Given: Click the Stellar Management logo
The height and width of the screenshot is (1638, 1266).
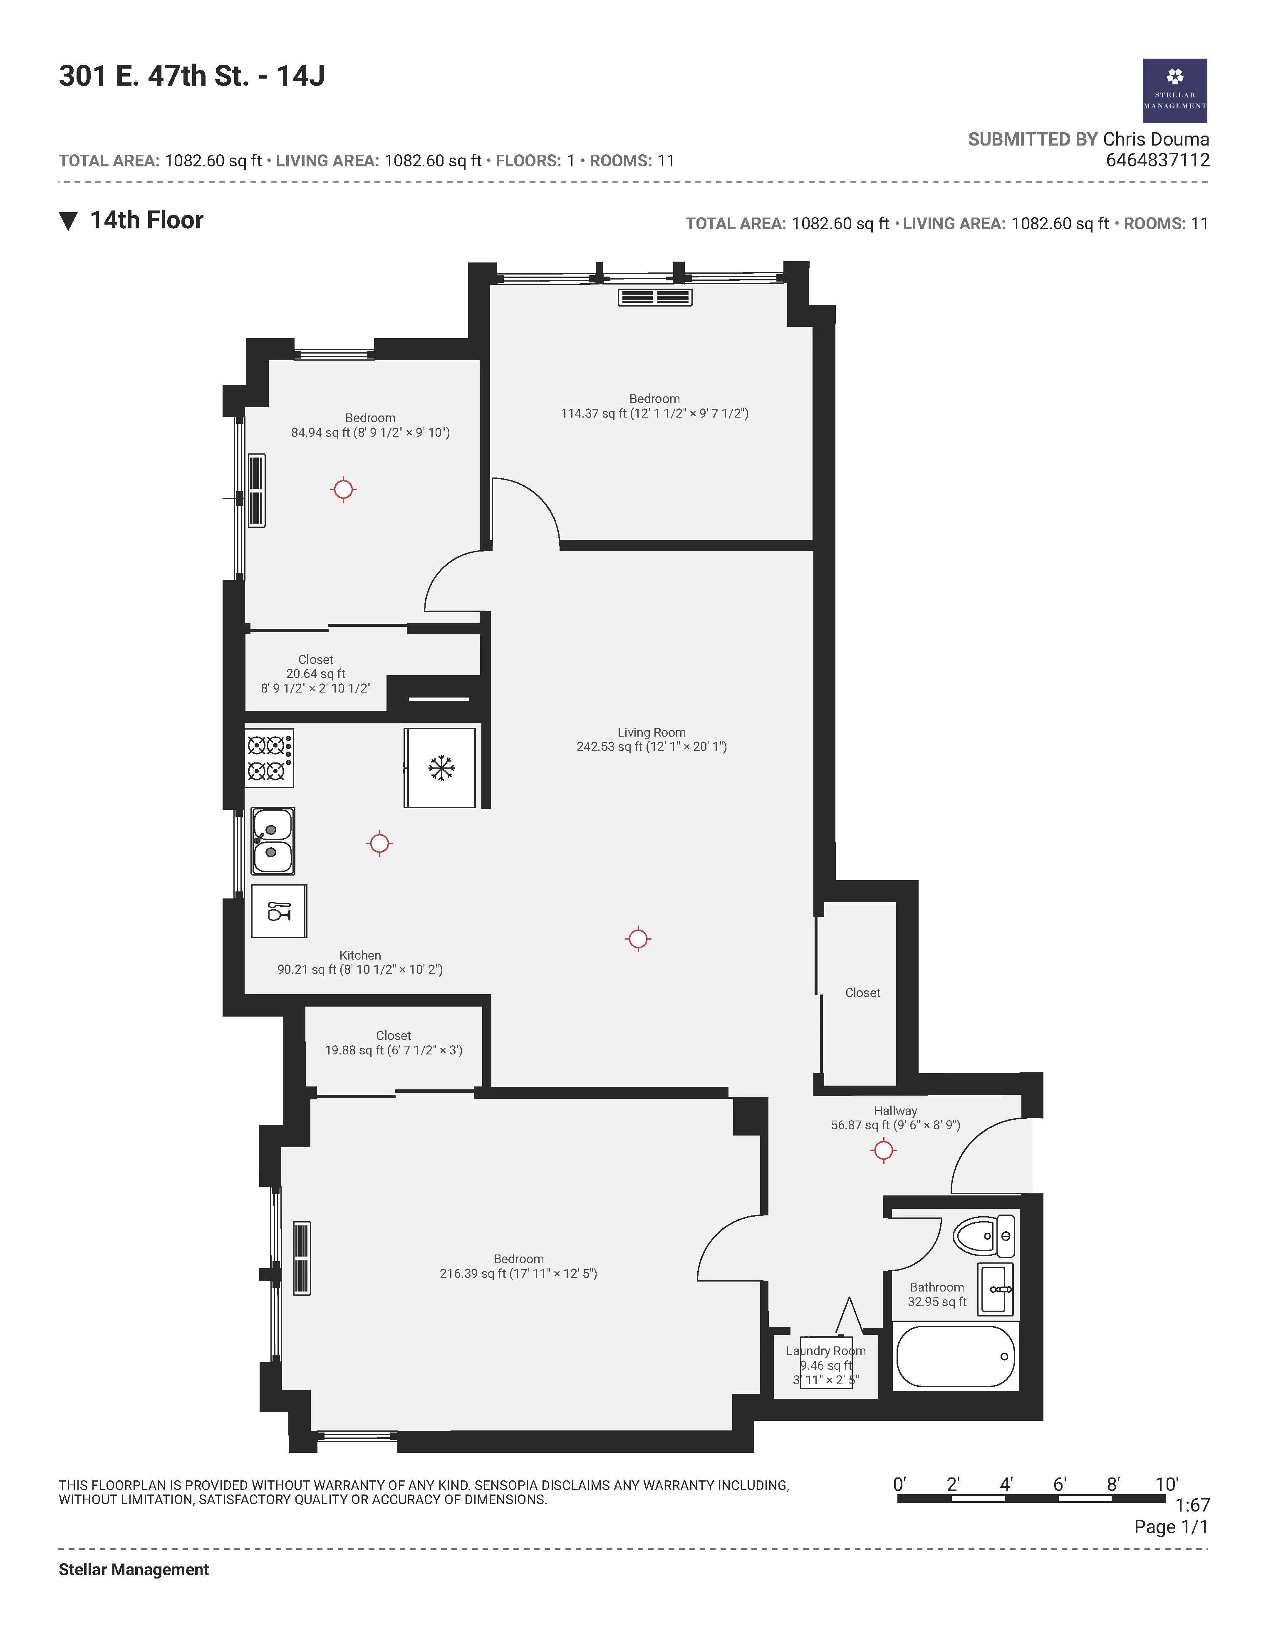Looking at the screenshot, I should point(1174,91).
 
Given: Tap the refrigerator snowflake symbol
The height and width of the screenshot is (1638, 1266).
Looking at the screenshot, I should point(441,767).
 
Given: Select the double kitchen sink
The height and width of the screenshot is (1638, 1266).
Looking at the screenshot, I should point(272,841).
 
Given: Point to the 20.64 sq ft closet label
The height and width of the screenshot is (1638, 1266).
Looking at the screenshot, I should point(316,673).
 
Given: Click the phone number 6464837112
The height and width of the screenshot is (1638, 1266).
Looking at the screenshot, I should point(1157,160).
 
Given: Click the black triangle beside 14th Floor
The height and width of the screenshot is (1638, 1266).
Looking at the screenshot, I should point(68,221).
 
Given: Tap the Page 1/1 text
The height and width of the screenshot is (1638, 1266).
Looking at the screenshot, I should point(1171,1526).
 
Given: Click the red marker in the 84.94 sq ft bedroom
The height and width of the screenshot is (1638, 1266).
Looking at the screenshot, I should point(344,490).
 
